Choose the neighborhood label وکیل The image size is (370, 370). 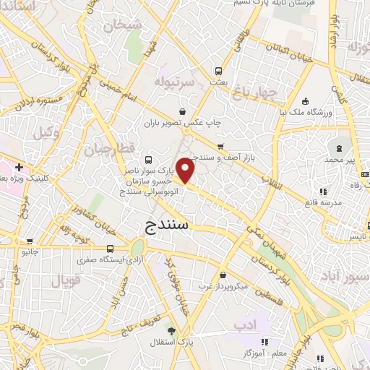click(x=45, y=133)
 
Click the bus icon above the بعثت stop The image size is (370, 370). click(x=218, y=72)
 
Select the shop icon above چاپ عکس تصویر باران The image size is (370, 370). click(x=183, y=112)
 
